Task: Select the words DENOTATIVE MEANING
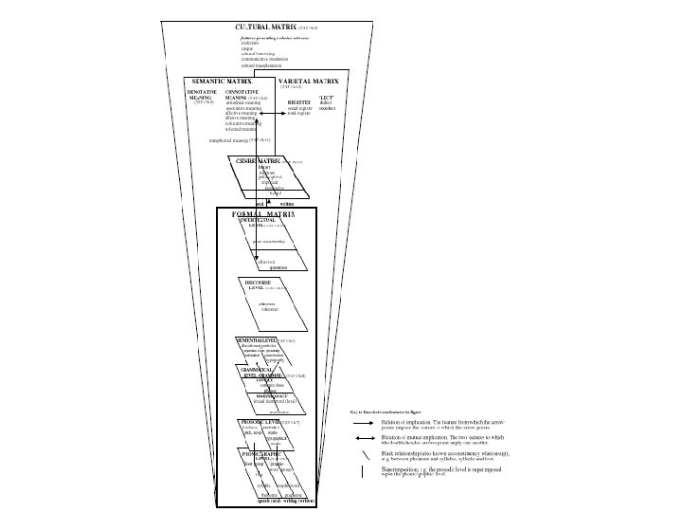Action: click(x=203, y=96)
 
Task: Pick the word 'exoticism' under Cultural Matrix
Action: click(x=251, y=43)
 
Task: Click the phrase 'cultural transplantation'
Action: click(x=260, y=64)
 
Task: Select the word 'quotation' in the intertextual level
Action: click(x=278, y=267)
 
